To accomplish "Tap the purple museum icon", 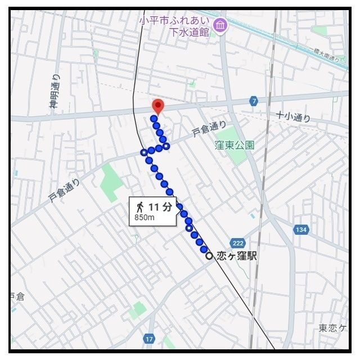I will (x=220, y=25).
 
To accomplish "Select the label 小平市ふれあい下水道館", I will (x=175, y=26).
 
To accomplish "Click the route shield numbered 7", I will (x=254, y=101).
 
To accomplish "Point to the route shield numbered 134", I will (x=301, y=229).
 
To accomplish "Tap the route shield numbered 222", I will (x=238, y=242).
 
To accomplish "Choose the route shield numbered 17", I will (x=149, y=339).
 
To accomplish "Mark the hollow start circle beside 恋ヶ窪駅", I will (x=209, y=256).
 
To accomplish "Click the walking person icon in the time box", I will (x=139, y=206).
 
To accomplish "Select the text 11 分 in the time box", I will (x=160, y=206).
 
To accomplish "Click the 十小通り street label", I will (x=292, y=117).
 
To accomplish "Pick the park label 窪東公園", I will (x=234, y=145).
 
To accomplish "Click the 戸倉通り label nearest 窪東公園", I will (x=209, y=130).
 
